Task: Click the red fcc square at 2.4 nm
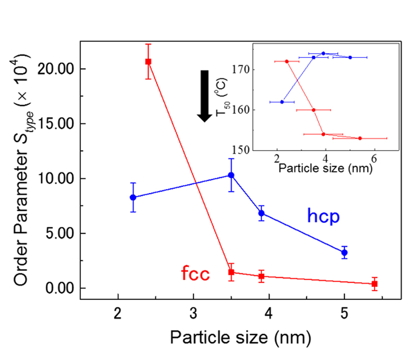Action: coord(148,62)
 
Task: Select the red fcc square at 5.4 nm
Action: coord(374,284)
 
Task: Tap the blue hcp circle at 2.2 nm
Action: coord(133,197)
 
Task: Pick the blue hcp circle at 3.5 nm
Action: coord(231,175)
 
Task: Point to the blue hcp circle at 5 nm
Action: coord(344,252)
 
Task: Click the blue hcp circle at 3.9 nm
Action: coord(261,213)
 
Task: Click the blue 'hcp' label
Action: coord(323,216)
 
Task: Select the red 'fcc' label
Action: coord(196,274)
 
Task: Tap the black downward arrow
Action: coord(205,96)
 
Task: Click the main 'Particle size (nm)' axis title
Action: coord(239,337)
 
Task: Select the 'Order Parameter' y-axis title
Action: coord(23,173)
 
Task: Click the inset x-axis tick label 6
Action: coord(374,157)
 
